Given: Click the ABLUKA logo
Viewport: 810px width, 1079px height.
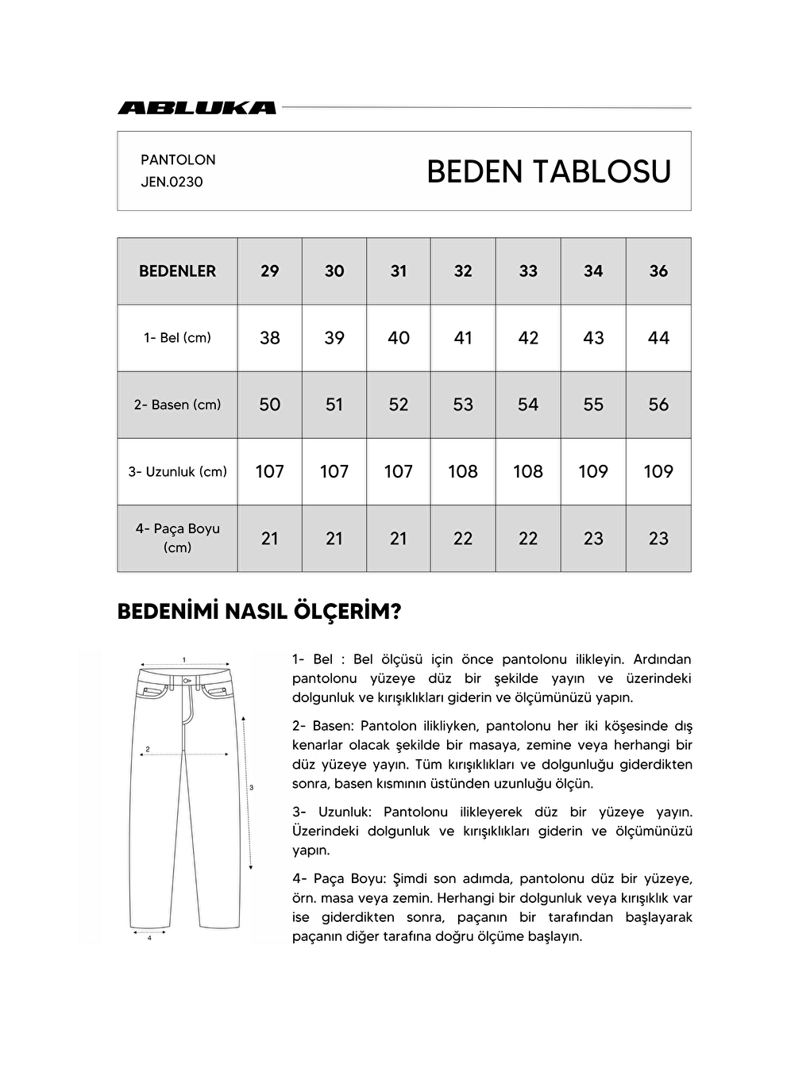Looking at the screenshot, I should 197,108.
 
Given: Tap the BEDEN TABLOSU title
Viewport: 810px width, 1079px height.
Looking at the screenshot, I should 549,171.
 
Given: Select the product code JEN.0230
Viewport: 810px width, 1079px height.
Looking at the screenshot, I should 172,182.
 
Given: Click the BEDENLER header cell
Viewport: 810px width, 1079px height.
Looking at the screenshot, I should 177,271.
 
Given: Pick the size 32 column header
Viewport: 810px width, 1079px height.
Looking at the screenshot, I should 463,271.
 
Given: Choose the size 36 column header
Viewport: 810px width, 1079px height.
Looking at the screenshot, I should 658,271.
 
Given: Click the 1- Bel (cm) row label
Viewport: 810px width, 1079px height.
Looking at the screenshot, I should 177,338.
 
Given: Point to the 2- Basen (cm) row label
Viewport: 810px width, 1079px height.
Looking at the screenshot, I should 177,405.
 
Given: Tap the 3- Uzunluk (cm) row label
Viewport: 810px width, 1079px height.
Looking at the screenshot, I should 177,471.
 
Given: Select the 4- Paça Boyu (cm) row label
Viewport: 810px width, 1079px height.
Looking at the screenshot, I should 177,538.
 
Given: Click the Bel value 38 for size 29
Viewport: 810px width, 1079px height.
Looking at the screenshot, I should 270,338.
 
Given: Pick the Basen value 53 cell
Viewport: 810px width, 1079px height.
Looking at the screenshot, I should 463,405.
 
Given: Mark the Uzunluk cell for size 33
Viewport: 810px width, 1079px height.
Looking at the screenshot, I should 528,471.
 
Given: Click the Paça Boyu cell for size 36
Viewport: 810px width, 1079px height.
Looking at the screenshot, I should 658,538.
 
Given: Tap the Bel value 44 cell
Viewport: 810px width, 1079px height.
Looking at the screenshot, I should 658,338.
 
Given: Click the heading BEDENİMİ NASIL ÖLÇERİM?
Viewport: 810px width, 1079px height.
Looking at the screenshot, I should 259,612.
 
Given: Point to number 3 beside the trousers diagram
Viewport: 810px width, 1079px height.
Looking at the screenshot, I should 252,788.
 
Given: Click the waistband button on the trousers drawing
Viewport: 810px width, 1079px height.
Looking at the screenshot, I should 185,681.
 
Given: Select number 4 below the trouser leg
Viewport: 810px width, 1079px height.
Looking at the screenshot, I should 149,938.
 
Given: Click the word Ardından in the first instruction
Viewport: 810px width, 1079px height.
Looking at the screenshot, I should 662,659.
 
